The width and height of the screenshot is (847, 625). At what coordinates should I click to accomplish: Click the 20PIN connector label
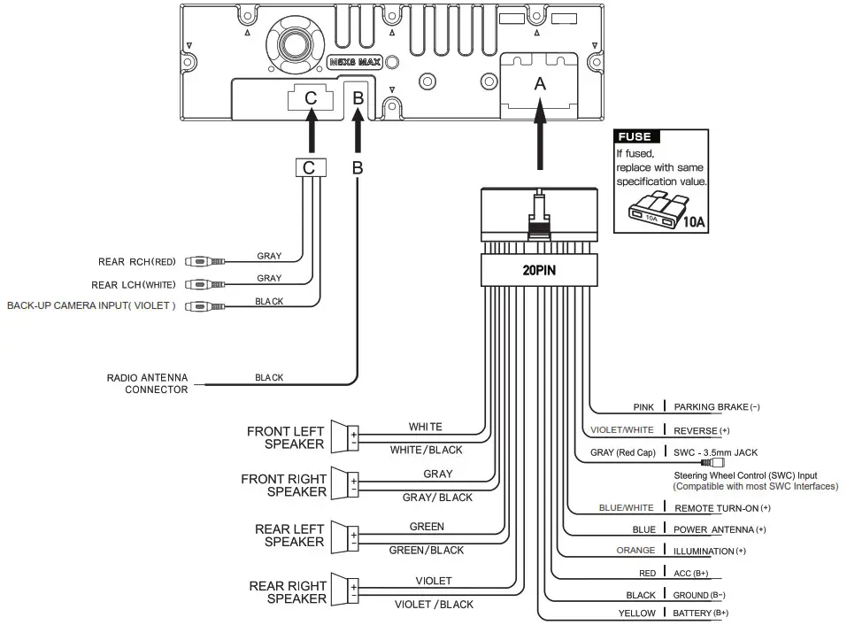pyautogui.click(x=538, y=271)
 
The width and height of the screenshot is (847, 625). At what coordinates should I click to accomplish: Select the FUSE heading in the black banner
pyautogui.click(x=634, y=136)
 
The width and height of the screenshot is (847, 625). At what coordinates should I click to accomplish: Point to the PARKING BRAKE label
pyautogui.click(x=717, y=407)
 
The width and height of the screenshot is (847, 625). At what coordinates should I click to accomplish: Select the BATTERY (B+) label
pyautogui.click(x=700, y=613)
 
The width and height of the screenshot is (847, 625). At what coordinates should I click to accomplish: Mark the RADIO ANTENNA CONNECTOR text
pyautogui.click(x=147, y=383)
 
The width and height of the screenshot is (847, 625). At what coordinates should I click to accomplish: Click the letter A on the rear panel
pyautogui.click(x=540, y=84)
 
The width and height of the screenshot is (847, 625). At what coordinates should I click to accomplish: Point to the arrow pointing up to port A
pyautogui.click(x=540, y=142)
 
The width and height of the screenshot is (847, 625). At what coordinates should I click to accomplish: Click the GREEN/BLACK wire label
pyautogui.click(x=427, y=551)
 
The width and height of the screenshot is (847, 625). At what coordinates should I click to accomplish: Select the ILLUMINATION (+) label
pyautogui.click(x=710, y=551)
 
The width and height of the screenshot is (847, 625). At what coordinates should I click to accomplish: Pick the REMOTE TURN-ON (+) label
pyautogui.click(x=722, y=508)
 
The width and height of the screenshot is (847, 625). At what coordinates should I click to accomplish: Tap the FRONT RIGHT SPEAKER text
pyautogui.click(x=283, y=485)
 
